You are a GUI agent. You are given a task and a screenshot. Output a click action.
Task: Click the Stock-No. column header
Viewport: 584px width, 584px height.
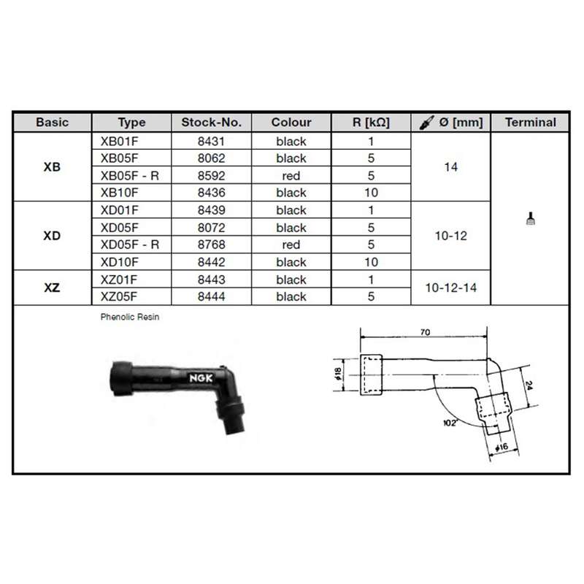[211, 123]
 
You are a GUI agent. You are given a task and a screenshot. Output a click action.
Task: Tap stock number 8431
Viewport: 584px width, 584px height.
[211, 141]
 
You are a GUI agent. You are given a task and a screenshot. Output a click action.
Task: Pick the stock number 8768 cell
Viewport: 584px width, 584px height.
[211, 245]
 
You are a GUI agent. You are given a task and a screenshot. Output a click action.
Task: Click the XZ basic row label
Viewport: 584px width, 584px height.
[52, 288]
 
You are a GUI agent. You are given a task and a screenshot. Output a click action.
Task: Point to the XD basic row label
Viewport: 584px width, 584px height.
[52, 236]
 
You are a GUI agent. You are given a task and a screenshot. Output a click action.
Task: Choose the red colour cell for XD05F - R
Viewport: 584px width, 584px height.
[291, 245]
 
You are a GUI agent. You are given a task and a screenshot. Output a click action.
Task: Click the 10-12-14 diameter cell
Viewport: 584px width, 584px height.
[451, 288]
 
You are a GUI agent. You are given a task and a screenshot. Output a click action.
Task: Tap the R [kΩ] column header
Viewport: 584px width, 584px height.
[371, 123]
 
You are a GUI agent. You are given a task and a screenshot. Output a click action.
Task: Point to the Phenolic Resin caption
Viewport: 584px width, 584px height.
[131, 318]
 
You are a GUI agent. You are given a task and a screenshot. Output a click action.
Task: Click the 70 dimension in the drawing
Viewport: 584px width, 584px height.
[425, 333]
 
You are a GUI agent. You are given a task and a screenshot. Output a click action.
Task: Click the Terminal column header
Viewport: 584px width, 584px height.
[531, 123]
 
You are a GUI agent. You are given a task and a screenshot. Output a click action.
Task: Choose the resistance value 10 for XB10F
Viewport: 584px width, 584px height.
[371, 193]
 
